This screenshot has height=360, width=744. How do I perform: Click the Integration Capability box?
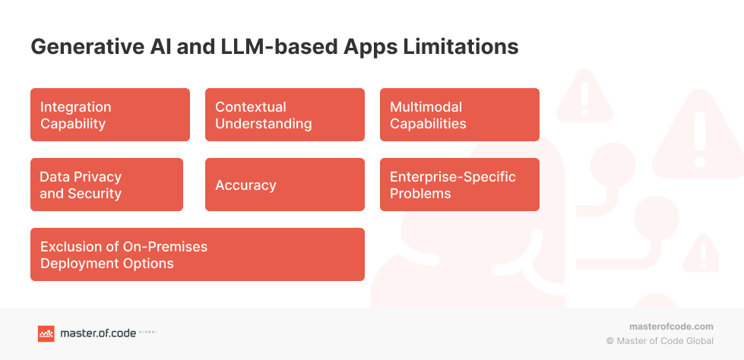pyautogui.click(x=110, y=115)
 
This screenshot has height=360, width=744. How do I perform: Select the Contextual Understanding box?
pyautogui.click(x=285, y=115)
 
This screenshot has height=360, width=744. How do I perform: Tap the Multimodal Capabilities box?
pyautogui.click(x=460, y=115)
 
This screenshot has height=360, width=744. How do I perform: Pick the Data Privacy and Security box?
pyautogui.click(x=106, y=185)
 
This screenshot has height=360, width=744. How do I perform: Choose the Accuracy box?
pyautogui.click(x=285, y=185)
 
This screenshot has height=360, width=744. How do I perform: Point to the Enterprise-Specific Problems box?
pyautogui.click(x=460, y=185)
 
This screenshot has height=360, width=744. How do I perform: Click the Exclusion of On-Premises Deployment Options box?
pyautogui.click(x=198, y=254)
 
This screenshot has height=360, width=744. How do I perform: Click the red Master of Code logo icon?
pyautogui.click(x=46, y=333)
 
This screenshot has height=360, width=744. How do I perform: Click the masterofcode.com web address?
pyautogui.click(x=671, y=326)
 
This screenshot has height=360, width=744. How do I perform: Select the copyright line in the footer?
pyautogui.click(x=660, y=341)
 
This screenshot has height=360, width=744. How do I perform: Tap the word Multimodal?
pyautogui.click(x=426, y=107)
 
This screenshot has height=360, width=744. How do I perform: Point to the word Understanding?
pyautogui.click(x=263, y=124)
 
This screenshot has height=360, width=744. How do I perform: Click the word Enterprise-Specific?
pyautogui.click(x=452, y=177)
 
